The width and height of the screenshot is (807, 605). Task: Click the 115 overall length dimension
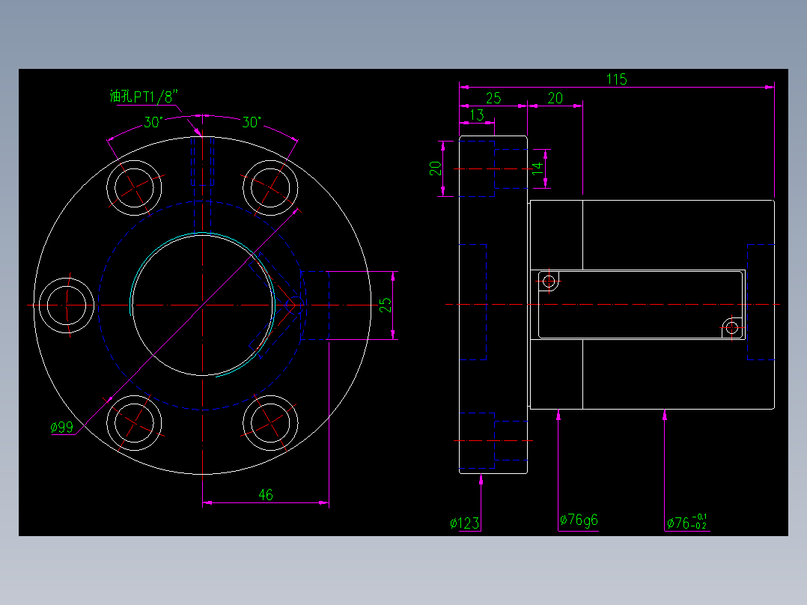point(617,79)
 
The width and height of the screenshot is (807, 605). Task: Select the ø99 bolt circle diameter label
point(61,427)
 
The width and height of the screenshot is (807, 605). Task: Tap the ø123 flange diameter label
point(464,523)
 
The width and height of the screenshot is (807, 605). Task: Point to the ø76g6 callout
point(579,520)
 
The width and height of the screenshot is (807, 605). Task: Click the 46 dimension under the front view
point(266,495)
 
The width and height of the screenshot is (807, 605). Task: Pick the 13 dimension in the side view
point(477,115)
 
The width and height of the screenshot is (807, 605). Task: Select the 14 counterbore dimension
point(538,168)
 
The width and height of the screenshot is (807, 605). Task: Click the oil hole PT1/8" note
point(144,97)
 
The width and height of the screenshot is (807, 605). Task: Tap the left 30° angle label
point(153,123)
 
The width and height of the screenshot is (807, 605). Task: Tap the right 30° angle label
point(252,123)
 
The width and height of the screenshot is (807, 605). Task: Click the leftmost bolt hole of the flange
point(67,305)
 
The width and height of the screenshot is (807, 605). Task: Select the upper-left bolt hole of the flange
point(134,187)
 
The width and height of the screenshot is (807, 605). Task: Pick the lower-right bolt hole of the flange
point(270,423)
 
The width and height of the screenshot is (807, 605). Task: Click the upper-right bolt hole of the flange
point(270,187)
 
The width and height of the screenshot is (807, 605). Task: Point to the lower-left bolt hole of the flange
point(134,423)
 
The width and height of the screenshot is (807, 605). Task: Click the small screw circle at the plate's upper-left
point(549,282)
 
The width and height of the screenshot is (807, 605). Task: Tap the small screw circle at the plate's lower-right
point(732,327)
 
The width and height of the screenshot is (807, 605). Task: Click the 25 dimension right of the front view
point(386,305)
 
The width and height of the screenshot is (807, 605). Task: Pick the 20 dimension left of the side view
point(436,168)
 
